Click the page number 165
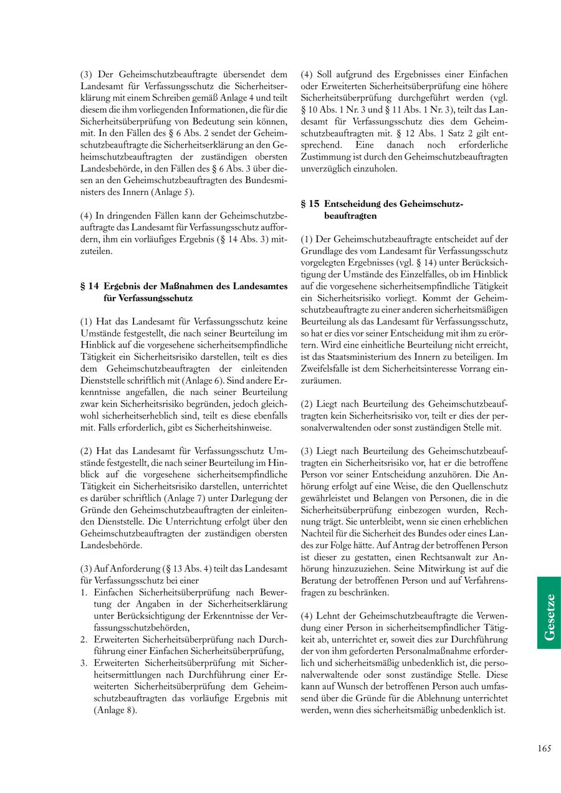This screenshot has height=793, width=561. (x=544, y=749)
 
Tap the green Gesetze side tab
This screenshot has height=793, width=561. (x=549, y=612)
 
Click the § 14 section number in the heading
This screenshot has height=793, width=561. (x=90, y=287)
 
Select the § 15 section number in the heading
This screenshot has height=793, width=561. (x=310, y=204)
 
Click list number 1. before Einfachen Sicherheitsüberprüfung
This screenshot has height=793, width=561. (x=84, y=592)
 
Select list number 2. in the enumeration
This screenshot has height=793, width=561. (x=84, y=639)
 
